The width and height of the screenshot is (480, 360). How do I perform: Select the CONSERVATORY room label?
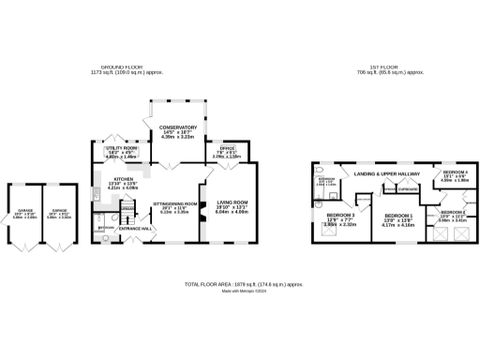coord(177,127)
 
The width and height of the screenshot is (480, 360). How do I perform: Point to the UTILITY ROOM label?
coord(122,148)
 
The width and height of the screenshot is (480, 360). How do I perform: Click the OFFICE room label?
coord(226,148)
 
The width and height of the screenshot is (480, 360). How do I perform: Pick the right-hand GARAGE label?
coord(59,210)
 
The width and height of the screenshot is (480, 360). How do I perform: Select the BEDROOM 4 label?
coord(456,172)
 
